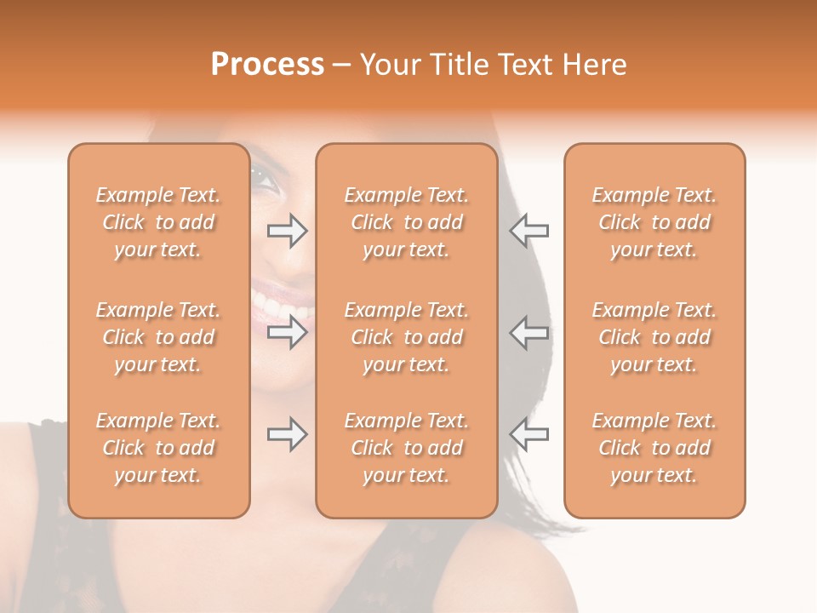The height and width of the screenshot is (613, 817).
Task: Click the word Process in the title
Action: point(267,65)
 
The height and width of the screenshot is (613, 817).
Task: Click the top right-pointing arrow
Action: point(287,230)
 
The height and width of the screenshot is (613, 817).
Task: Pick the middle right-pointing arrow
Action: point(287,332)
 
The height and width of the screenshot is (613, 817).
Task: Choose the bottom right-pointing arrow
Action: point(287,434)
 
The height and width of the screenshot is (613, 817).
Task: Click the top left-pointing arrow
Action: point(528,230)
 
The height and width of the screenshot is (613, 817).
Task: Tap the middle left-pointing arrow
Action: point(528,332)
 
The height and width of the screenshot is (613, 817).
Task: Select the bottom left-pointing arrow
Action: point(528,434)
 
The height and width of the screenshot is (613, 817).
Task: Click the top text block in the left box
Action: point(158,222)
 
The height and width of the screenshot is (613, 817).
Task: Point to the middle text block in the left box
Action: point(158,337)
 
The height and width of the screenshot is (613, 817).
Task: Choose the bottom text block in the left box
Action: point(158,448)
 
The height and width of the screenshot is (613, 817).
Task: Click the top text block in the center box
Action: point(407,222)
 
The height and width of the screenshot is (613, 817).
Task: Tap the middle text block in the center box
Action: point(407,337)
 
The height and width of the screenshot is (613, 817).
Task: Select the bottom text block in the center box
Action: point(407,448)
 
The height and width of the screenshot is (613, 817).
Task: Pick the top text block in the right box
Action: point(654,222)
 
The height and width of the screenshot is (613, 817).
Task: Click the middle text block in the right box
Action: point(654,337)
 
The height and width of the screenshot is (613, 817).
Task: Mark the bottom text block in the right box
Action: point(654,448)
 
